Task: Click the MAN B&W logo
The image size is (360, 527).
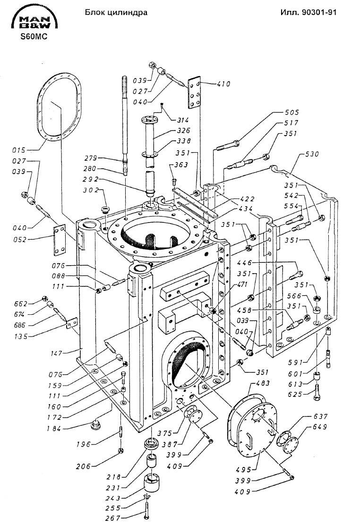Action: pyautogui.click(x=34, y=19)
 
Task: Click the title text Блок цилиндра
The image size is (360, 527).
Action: pyautogui.click(x=116, y=13)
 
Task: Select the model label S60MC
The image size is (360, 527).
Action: pyautogui.click(x=34, y=37)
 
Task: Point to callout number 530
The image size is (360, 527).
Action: pyautogui.click(x=312, y=154)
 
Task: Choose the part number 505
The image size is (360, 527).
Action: pyautogui.click(x=291, y=112)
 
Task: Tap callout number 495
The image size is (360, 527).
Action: pyautogui.click(x=243, y=469)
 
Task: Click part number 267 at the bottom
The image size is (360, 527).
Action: pyautogui.click(x=112, y=518)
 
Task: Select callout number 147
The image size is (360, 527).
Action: pyautogui.click(x=56, y=353)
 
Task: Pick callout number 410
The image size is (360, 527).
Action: pyautogui.click(x=223, y=84)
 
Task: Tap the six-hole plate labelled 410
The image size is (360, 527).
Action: pyautogui.click(x=195, y=93)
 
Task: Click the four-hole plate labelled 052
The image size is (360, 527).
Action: pyautogui.click(x=60, y=240)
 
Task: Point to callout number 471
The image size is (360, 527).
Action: pyautogui.click(x=242, y=285)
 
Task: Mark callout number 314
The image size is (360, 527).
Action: pyautogui.click(x=182, y=120)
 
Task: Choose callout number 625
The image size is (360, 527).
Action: pyautogui.click(x=295, y=394)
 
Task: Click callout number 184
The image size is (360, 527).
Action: pyautogui.click(x=53, y=429)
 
